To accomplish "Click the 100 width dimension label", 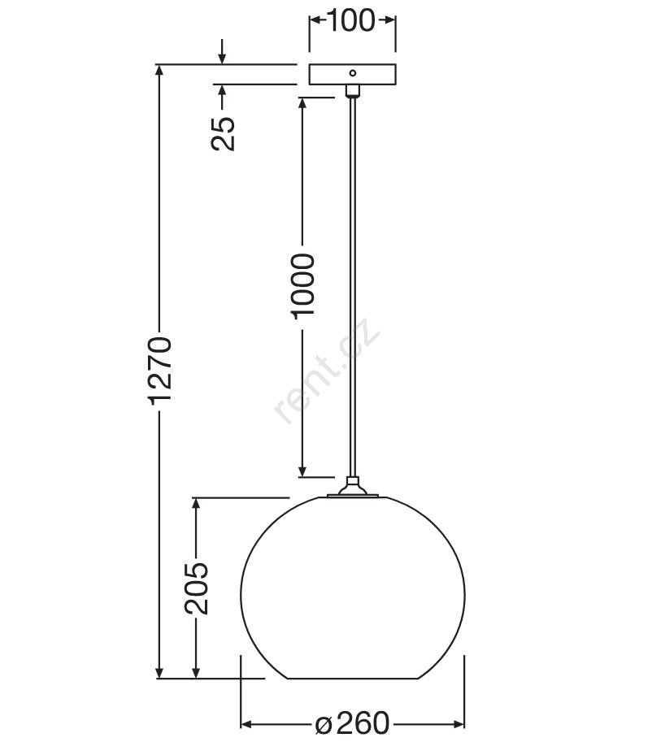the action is point(351,20).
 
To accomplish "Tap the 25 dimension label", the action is point(223,133).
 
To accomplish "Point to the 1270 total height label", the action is point(159,371).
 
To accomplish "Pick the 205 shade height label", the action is point(196,588).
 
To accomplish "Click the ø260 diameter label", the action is point(352,723).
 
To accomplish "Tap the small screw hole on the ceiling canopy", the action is point(353,73).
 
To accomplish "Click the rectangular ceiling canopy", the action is point(353,74).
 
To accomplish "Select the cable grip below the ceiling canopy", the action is point(353,90).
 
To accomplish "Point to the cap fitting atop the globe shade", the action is point(353,488).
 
